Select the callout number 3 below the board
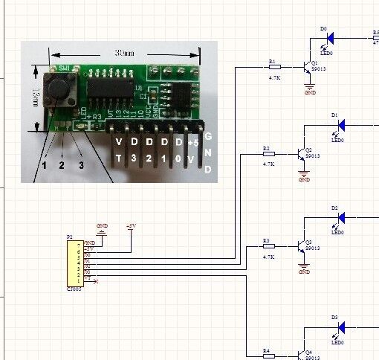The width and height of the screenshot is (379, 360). click(x=81, y=164)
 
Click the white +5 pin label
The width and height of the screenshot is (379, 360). click(x=192, y=141)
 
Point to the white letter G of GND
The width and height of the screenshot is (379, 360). click(x=209, y=137)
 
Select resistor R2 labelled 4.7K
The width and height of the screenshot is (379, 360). click(x=268, y=154)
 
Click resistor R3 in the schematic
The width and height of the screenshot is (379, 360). click(x=268, y=245)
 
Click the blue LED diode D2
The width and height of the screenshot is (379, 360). click(x=341, y=217)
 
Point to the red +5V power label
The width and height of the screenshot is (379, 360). click(x=131, y=225)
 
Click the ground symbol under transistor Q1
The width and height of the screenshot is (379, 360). click(x=310, y=88)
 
